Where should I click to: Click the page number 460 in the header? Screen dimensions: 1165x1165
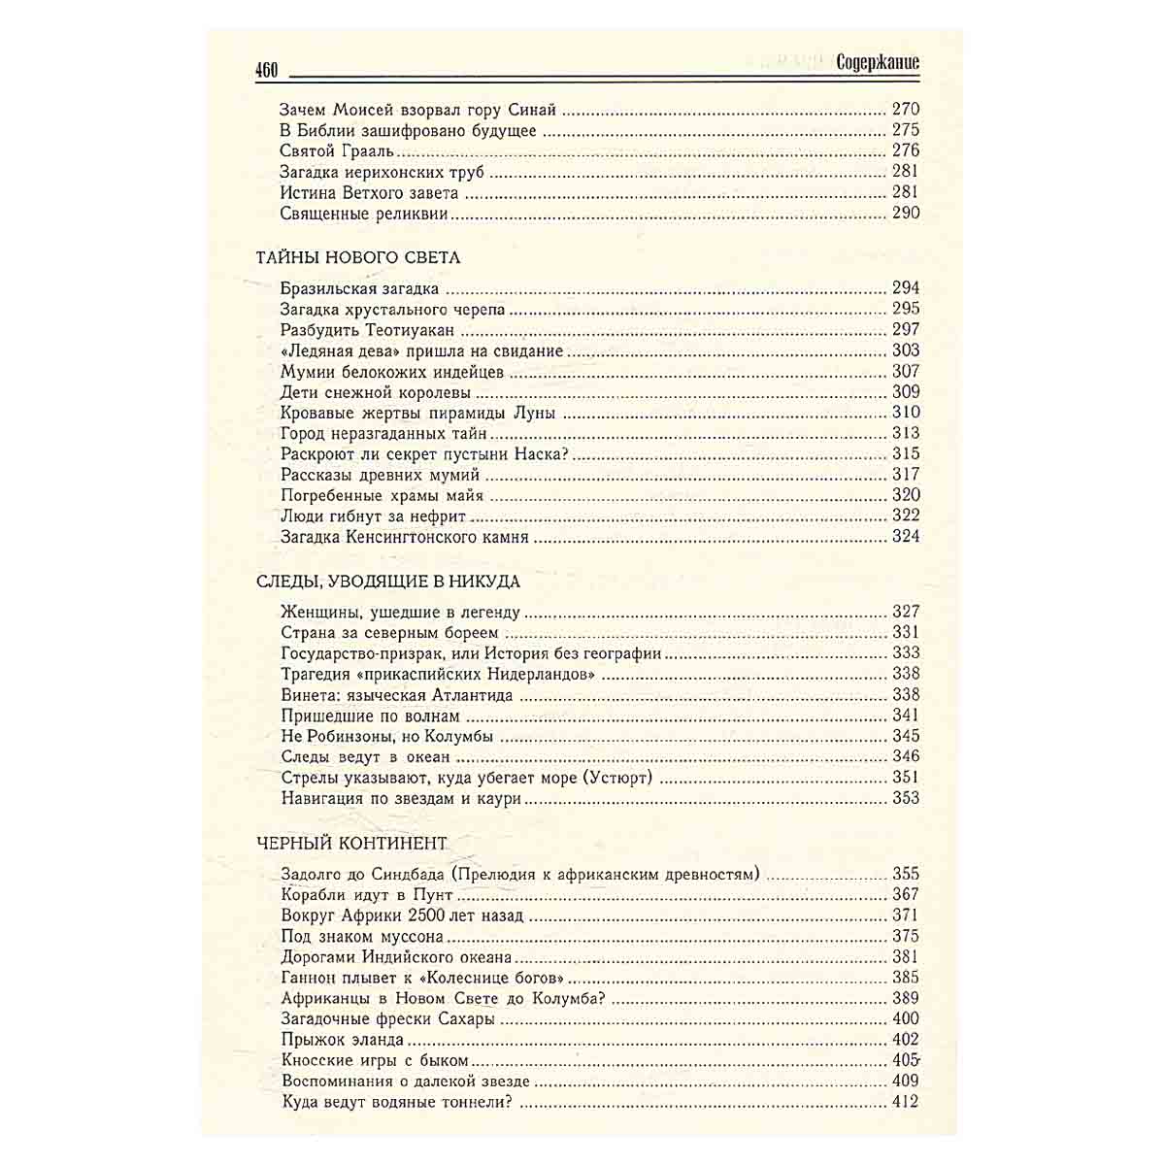click(266, 70)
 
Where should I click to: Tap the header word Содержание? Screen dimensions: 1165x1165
click(878, 63)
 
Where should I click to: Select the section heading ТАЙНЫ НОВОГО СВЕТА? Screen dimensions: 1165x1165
click(358, 258)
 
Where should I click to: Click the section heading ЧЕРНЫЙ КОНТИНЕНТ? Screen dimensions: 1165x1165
click(351, 843)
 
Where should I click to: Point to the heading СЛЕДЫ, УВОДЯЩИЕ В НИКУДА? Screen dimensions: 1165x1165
click(388, 582)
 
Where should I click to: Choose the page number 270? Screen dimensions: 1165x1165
click(905, 110)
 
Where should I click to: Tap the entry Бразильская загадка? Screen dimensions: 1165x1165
click(359, 288)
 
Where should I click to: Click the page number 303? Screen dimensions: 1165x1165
click(905, 350)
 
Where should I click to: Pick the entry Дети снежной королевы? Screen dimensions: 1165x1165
click(376, 392)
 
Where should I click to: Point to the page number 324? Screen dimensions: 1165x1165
click(905, 537)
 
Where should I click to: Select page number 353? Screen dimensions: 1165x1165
click(905, 799)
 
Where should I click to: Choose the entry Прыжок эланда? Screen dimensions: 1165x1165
click(342, 1040)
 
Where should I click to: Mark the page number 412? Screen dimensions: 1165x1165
click(905, 1102)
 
